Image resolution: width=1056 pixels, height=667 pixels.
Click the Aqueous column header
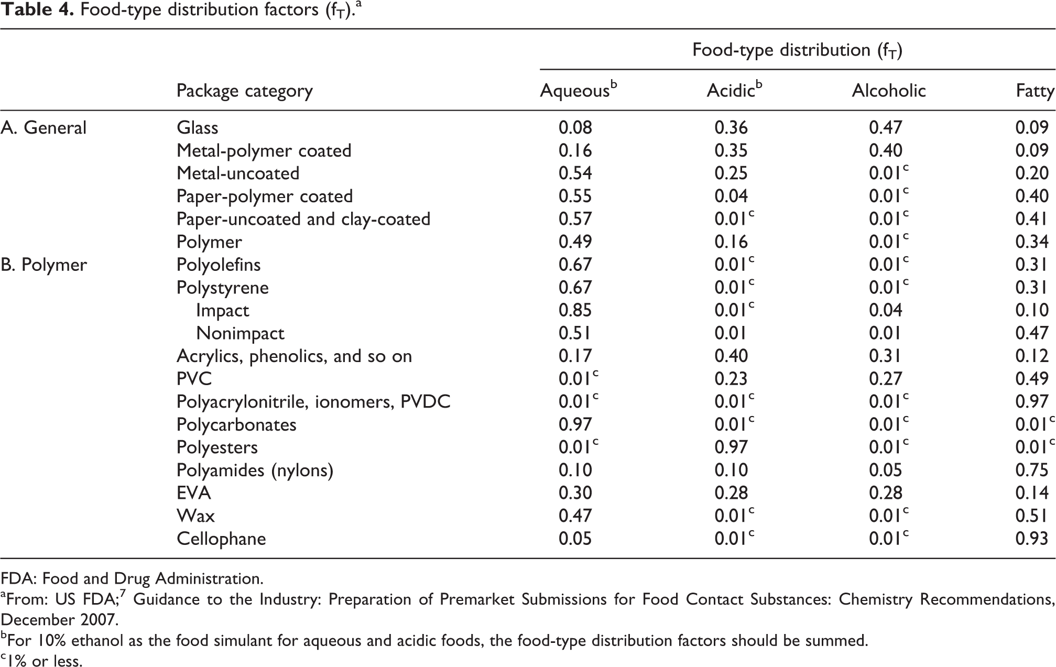[579, 90]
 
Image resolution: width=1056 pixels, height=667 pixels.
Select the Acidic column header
[734, 90]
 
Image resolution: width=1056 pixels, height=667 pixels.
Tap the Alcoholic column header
[889, 91]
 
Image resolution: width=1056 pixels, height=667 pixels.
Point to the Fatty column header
[1035, 91]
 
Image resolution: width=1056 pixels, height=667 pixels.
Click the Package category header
[245, 91]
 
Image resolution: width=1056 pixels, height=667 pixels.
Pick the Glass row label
[198, 127]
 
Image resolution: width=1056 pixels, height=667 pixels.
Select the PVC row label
[194, 379]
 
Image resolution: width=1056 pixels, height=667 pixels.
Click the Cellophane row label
[221, 539]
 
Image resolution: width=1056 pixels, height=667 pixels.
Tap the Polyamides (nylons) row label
[255, 471]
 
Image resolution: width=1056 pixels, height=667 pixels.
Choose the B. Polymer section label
[43, 265]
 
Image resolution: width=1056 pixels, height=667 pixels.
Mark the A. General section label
[43, 127]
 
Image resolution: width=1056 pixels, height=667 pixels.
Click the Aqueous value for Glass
[575, 128]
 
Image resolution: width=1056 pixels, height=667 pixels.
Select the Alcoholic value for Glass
[886, 128]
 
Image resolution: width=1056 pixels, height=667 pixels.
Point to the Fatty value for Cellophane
[1032, 539]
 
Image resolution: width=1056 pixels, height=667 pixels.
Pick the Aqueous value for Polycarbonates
[575, 424]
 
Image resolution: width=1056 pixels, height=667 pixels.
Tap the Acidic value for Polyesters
[731, 447]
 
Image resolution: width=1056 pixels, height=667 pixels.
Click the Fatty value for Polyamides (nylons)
[1032, 470]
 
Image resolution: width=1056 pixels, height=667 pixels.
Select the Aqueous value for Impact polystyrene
[575, 310]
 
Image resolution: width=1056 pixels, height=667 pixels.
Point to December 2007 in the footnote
[59, 620]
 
